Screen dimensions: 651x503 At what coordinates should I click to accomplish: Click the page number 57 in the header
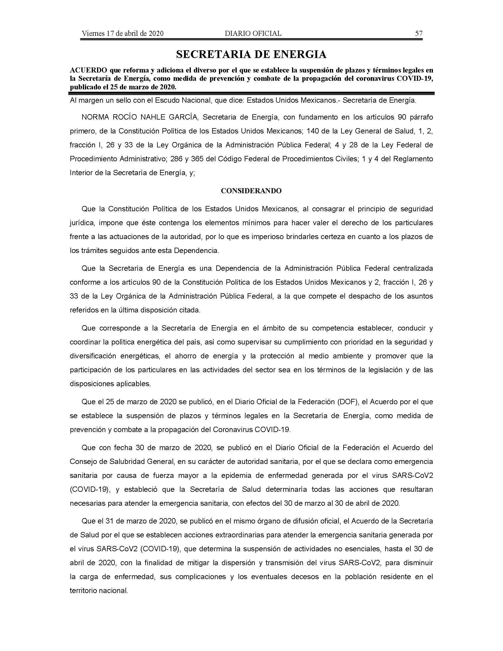point(419,33)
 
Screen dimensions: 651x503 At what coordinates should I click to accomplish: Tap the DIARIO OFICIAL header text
point(253,33)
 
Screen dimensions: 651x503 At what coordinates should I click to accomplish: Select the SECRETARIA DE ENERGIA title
point(251,54)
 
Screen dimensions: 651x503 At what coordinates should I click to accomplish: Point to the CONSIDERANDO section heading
point(251,191)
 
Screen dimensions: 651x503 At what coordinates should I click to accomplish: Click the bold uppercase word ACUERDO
point(88,70)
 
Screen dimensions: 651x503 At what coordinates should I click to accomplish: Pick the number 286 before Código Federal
point(176,159)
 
